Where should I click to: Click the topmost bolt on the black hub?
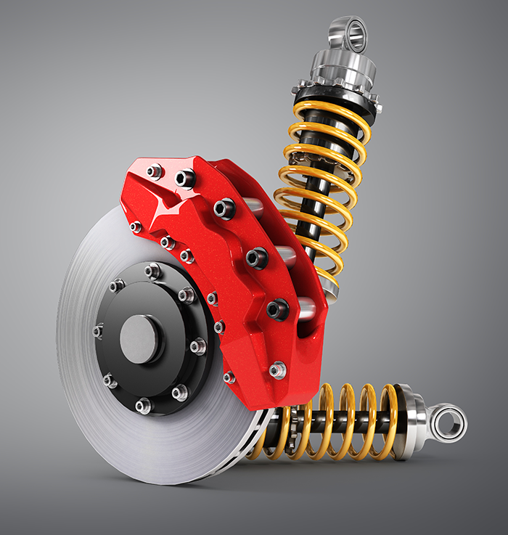(153, 271)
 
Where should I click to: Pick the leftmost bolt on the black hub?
(99, 331)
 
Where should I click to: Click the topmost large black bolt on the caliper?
(185, 178)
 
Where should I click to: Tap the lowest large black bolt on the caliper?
(276, 310)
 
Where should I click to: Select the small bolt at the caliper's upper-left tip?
(154, 172)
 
